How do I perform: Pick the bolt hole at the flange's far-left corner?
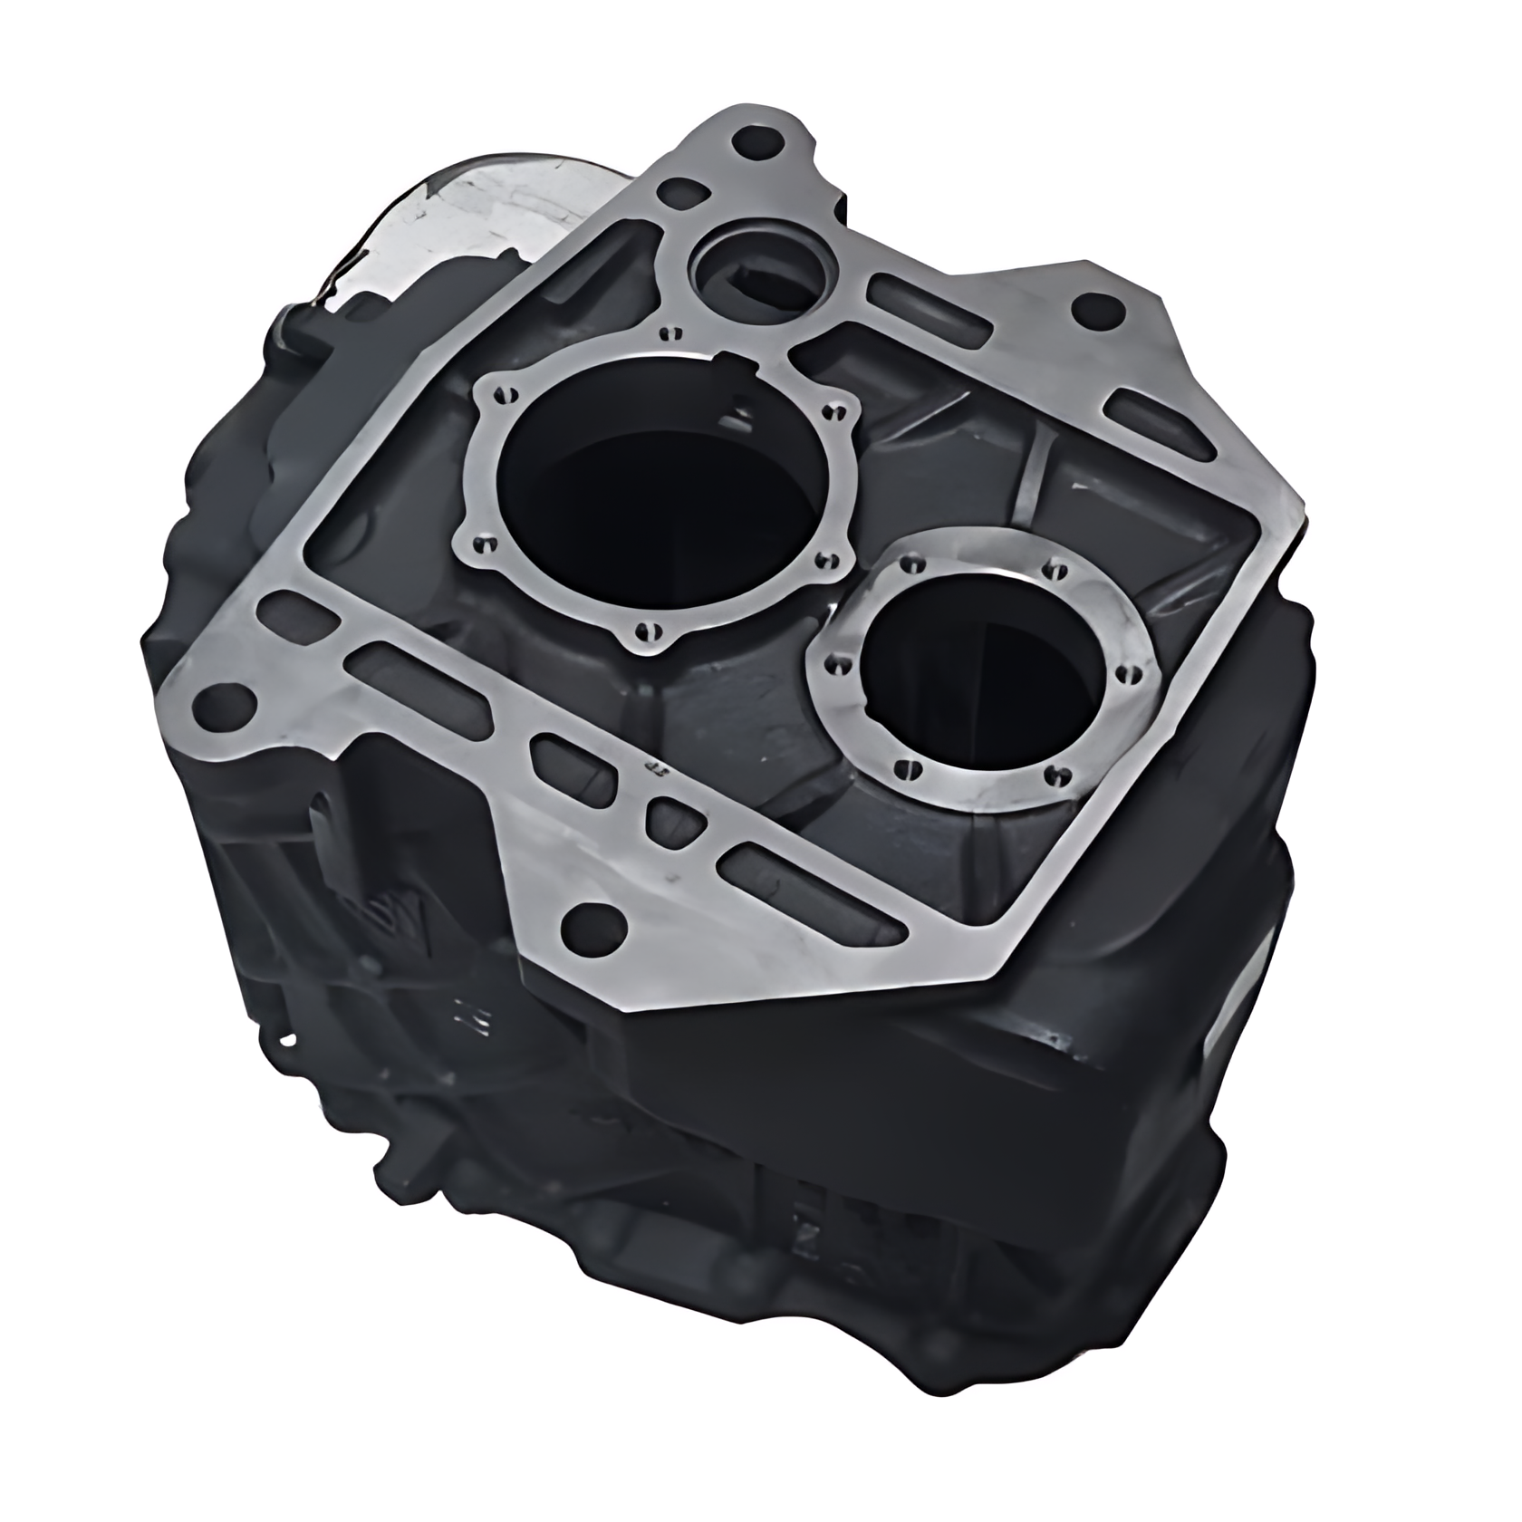(x=223, y=705)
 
